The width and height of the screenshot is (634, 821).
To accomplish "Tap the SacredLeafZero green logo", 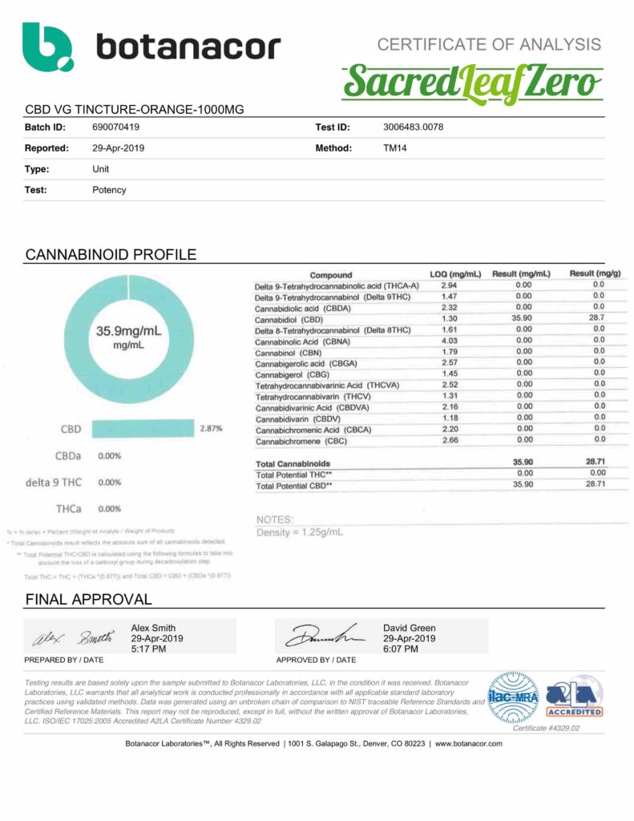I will click(474, 83).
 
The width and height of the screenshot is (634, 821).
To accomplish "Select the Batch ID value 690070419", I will click(119, 127).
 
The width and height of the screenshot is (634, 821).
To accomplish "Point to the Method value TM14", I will click(395, 148).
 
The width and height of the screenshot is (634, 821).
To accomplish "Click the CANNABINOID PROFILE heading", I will click(111, 255).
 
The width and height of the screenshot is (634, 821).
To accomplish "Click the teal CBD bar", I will click(143, 429).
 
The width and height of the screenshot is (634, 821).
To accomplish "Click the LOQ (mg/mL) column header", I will click(454, 274).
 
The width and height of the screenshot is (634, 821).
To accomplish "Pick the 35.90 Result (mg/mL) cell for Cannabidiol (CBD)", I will click(523, 318).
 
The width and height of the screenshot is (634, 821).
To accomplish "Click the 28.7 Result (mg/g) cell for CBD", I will click(598, 318).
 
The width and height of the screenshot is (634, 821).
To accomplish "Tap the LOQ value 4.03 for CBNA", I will click(450, 341).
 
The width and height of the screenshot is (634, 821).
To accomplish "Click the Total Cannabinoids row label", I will click(293, 463).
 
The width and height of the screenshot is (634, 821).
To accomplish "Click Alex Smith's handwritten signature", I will click(71, 638).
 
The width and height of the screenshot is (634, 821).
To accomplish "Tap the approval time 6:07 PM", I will click(402, 649).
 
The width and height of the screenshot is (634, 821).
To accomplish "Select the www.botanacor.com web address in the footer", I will click(469, 743).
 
